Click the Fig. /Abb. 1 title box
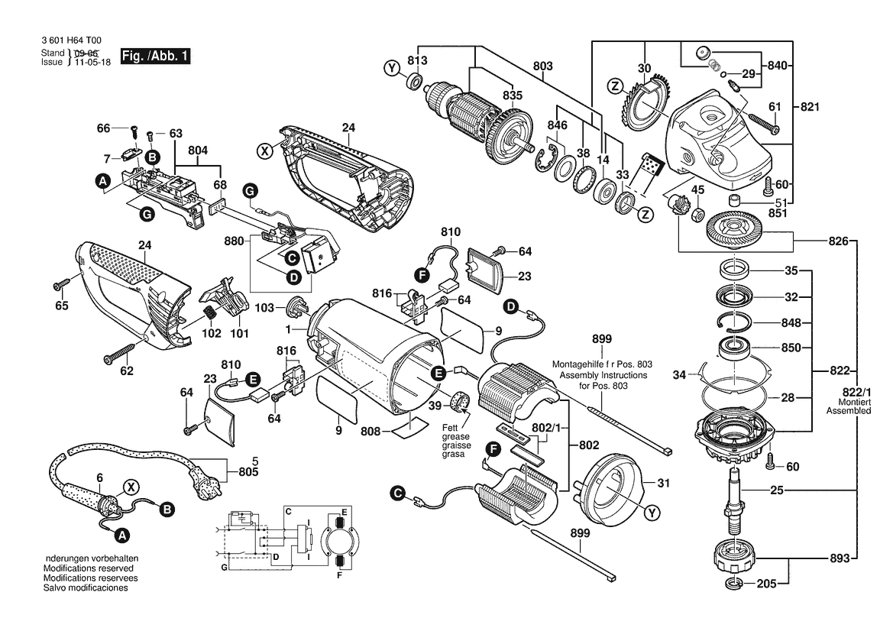(x=156, y=56)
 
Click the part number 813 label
(x=417, y=60)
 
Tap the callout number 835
(x=513, y=95)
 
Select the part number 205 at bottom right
(x=766, y=583)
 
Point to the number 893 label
(x=840, y=558)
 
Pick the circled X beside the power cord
(x=131, y=487)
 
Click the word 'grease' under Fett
(x=455, y=437)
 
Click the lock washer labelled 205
(x=734, y=584)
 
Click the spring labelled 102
(x=212, y=313)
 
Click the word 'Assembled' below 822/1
(x=849, y=410)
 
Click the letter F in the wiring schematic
(x=339, y=574)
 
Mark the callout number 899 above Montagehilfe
(x=601, y=339)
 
